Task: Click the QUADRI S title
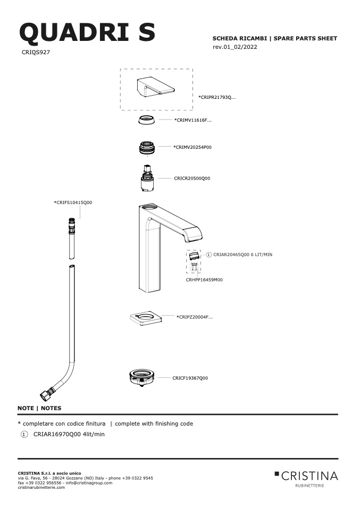point(87,33)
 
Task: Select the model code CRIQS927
point(36,52)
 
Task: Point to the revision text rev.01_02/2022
point(235,47)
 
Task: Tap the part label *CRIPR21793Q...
point(217,97)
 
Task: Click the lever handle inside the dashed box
point(155,87)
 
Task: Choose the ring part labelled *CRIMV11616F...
point(146,120)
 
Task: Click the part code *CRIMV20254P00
point(192,147)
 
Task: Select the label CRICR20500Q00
point(192,178)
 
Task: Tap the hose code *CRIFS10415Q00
point(73,202)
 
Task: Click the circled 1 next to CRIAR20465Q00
point(209,255)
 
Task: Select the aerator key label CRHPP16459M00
point(204,280)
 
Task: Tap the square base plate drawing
point(146,318)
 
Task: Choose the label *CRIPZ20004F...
point(195,317)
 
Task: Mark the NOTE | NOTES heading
point(39,408)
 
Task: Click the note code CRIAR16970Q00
point(57,434)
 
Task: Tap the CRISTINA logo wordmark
point(309,476)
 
